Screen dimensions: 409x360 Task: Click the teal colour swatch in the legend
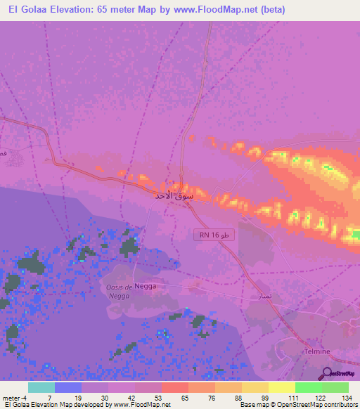coord(41,387)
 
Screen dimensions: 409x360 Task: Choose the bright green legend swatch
coord(308,387)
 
